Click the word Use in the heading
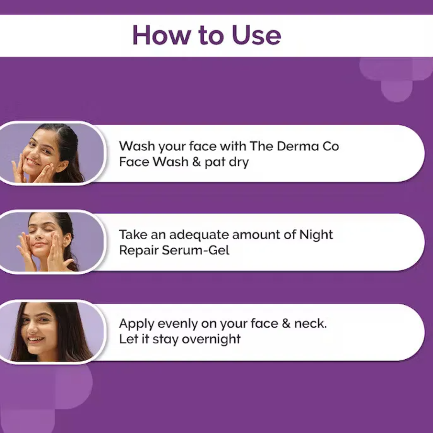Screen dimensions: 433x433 (257, 35)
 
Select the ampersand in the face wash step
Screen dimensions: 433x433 (196, 162)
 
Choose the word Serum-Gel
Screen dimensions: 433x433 (196, 250)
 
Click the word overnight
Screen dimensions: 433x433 (211, 340)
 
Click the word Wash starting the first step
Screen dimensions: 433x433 (137, 146)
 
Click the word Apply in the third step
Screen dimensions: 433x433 (136, 324)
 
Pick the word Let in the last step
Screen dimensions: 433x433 (128, 339)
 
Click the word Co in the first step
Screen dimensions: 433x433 (330, 146)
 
